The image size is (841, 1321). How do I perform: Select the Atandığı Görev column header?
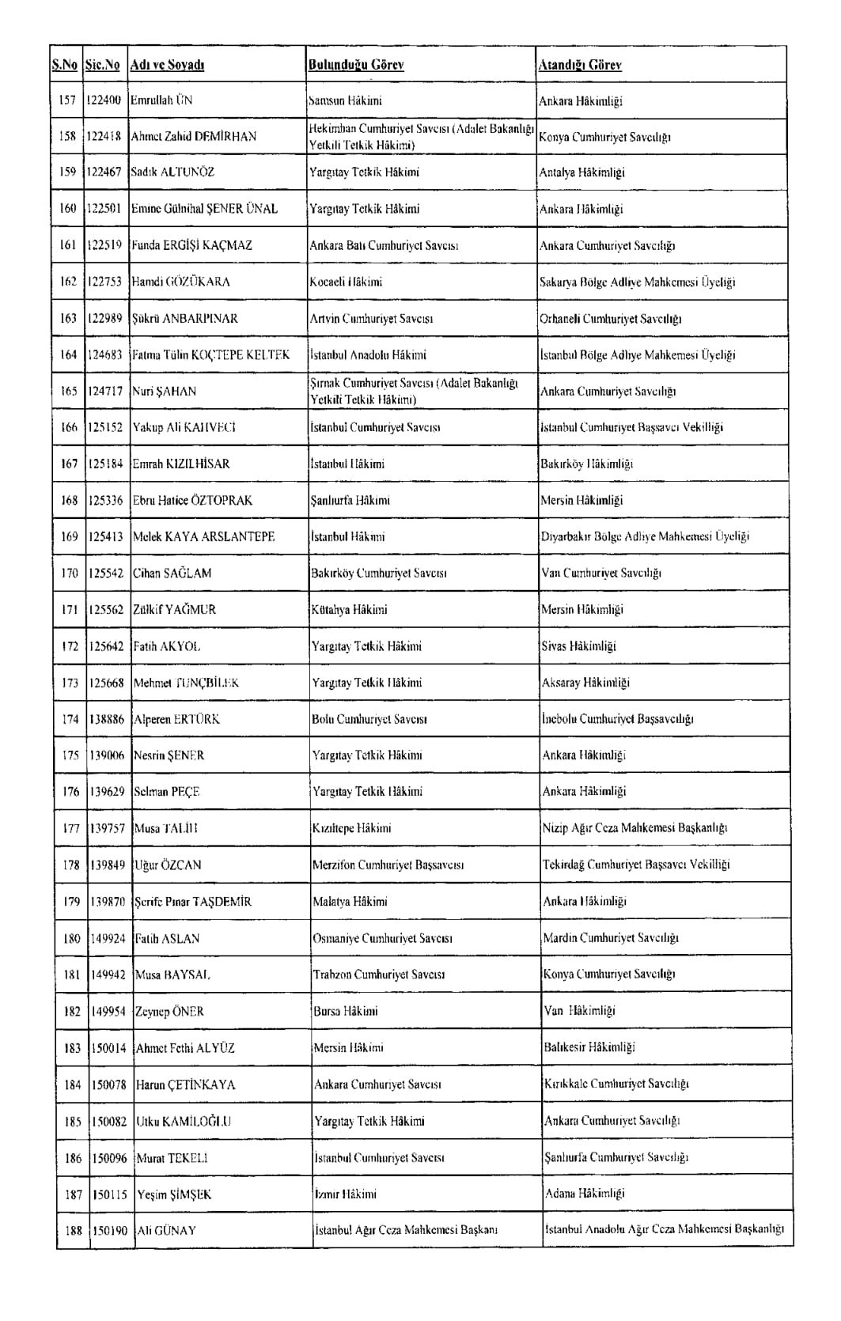[x=580, y=65]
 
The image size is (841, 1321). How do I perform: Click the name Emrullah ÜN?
[x=161, y=100]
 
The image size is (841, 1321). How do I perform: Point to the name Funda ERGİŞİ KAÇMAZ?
[x=191, y=245]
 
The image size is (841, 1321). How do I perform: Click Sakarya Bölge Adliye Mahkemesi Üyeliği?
[x=638, y=282]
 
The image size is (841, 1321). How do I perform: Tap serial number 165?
[x=68, y=392]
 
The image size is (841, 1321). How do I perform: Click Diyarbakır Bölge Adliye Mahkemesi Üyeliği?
[x=645, y=536]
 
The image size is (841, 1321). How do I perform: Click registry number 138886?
[x=106, y=719]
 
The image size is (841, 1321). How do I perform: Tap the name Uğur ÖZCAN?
[x=168, y=865]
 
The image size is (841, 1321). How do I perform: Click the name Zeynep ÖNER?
[x=169, y=1011]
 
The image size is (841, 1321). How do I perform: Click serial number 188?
[x=73, y=1230]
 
